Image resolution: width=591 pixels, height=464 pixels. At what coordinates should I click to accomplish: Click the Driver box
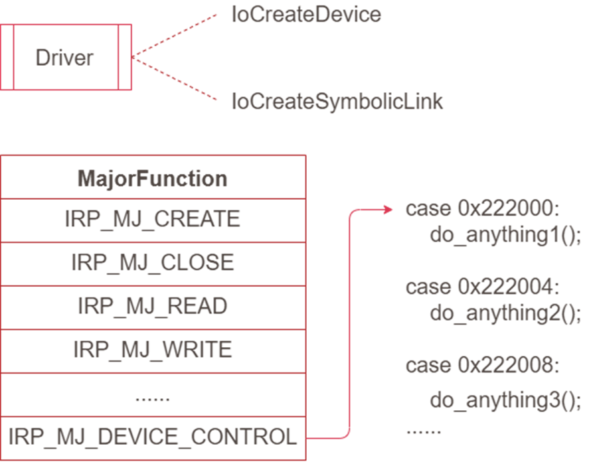[x=65, y=58]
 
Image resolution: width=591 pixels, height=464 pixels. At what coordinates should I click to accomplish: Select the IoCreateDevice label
[x=306, y=15]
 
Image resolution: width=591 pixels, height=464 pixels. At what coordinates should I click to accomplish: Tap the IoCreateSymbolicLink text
[x=337, y=102]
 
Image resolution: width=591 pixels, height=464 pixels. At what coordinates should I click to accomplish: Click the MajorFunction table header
[x=153, y=178]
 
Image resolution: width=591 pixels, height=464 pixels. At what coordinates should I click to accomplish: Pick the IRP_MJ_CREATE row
[x=153, y=220]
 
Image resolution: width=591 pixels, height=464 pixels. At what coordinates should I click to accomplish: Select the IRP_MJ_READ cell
[x=153, y=306]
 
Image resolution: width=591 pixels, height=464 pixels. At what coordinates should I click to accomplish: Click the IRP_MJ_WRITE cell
[x=153, y=350]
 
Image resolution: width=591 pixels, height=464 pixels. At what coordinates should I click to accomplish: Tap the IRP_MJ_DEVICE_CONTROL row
[x=153, y=437]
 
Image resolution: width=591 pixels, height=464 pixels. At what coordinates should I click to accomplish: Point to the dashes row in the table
[x=153, y=399]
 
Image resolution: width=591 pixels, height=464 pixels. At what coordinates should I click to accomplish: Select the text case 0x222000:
[x=483, y=210]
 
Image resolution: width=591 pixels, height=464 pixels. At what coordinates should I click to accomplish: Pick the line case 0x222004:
[x=483, y=287]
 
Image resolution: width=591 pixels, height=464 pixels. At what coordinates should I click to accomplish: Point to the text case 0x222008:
[x=483, y=365]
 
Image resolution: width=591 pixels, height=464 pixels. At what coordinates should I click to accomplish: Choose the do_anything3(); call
[x=505, y=400]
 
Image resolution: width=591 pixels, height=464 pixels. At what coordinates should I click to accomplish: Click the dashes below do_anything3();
[x=423, y=431]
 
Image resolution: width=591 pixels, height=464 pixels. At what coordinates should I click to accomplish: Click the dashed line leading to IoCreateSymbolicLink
[x=175, y=79]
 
